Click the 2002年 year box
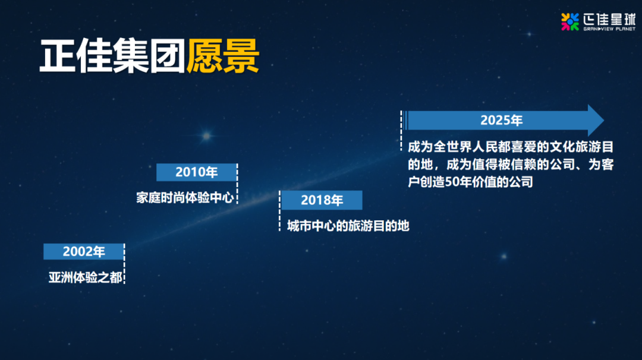point(84,252)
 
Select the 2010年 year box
point(197,172)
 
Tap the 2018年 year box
point(322,200)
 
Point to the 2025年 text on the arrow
point(501,120)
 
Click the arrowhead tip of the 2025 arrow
point(604,120)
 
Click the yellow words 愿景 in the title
point(223,56)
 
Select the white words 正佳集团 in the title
point(112,56)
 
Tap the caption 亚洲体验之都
point(85,278)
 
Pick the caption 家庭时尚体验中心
point(185,198)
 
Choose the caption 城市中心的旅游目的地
point(348,226)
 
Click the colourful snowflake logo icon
point(570,21)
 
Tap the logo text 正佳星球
point(609,19)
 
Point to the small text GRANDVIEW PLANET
point(609,29)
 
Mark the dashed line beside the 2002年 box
point(124,263)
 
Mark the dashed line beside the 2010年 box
point(237,184)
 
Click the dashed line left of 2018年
point(279,211)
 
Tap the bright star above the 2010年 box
point(206,135)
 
